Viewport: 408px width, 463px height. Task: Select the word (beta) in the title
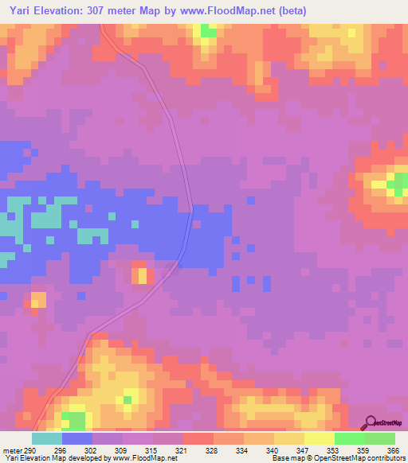point(293,10)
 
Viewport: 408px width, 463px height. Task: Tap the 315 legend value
point(154,450)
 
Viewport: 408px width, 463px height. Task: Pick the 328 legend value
point(214,450)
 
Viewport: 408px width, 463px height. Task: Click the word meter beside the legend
point(14,450)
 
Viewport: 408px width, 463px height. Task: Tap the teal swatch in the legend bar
point(47,438)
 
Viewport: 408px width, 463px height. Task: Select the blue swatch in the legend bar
point(77,438)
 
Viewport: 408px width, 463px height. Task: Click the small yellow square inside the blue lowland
point(143,276)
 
